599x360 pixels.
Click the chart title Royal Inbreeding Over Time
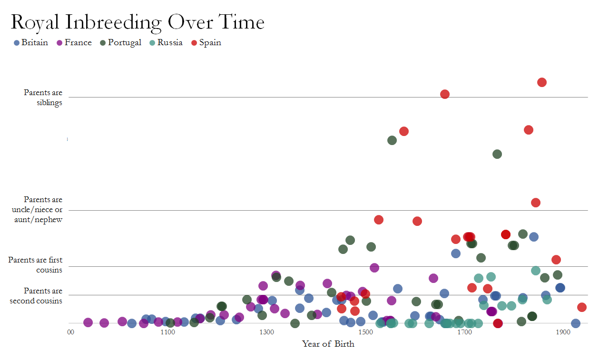pyautogui.click(x=137, y=22)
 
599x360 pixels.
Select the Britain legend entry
pyautogui.click(x=31, y=43)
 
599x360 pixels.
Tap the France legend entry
pyautogui.click(x=74, y=43)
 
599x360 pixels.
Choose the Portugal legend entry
pyautogui.click(x=120, y=43)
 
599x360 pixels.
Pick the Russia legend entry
pyautogui.click(x=166, y=43)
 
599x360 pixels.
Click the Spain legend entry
pyautogui.click(x=206, y=43)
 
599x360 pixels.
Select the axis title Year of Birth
pyautogui.click(x=328, y=344)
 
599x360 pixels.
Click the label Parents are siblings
pyautogui.click(x=43, y=97)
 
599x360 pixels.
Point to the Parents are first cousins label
pyautogui.click(x=35, y=265)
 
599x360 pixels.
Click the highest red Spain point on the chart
pyautogui.click(x=541, y=82)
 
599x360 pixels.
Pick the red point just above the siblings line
pyautogui.click(x=445, y=94)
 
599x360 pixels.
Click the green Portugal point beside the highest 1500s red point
pyautogui.click(x=392, y=140)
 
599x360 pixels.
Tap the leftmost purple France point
pyautogui.click(x=88, y=322)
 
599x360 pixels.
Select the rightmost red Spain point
pyautogui.click(x=581, y=307)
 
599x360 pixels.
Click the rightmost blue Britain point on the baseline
pyautogui.click(x=576, y=323)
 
